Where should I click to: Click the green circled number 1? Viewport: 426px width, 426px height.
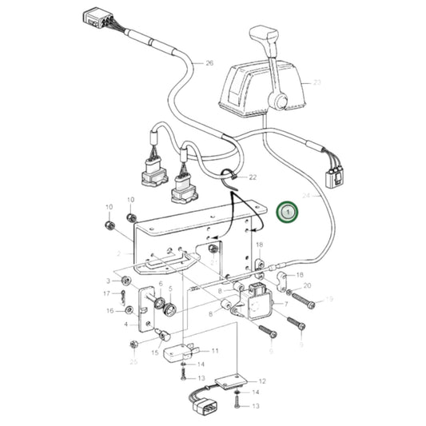pos(287,213)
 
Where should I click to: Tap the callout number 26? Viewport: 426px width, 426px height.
pos(209,62)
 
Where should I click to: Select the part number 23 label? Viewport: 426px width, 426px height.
pos(317,82)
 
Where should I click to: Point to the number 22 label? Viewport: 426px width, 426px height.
pos(253,177)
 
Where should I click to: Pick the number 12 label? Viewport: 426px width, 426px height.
pos(262,381)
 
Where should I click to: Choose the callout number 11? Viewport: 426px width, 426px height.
pos(214,351)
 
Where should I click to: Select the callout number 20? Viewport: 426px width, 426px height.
pos(307,285)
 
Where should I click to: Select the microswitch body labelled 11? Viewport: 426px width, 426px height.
pos(180,352)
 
